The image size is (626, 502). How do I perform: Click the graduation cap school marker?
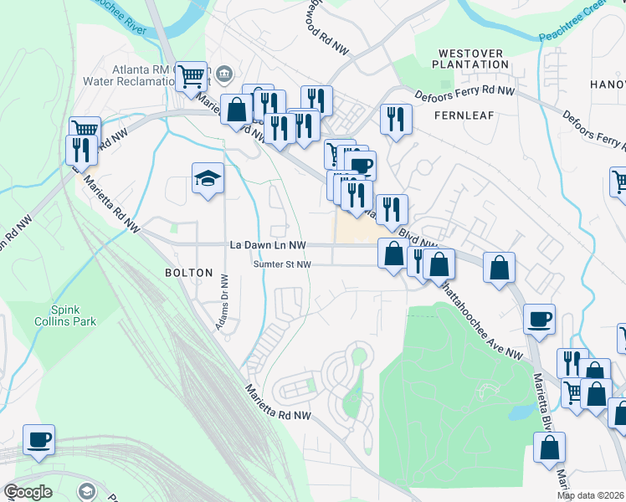tap(208, 178)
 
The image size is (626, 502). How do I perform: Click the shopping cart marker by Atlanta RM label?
tap(192, 76)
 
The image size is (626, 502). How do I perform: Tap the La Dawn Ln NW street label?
tap(267, 245)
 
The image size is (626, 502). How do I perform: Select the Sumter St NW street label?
tap(283, 264)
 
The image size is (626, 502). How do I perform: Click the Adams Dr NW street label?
tap(224, 300)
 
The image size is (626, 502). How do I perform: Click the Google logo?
tap(28, 492)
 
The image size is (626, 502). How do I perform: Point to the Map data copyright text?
tap(591, 495)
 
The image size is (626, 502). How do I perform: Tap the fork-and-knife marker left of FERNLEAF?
tap(396, 118)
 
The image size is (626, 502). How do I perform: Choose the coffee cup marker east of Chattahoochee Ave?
tap(539, 319)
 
